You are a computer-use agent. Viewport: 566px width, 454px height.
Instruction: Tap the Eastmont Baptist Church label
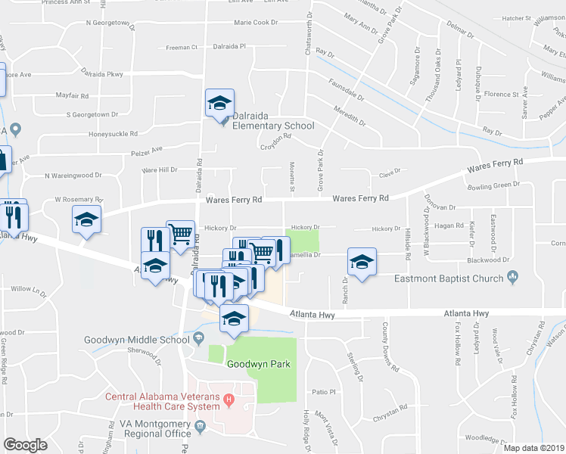pyautogui.click(x=449, y=278)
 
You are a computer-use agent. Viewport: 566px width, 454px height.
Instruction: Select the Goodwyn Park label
pyautogui.click(x=258, y=364)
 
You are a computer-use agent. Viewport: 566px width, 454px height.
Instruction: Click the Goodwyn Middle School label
pyautogui.click(x=136, y=340)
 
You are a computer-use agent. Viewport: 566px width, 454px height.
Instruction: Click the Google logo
pyautogui.click(x=25, y=445)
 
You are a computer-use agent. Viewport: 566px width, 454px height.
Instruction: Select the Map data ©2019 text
pyautogui.click(x=533, y=448)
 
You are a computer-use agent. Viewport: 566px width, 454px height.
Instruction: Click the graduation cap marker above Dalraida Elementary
pyautogui.click(x=219, y=103)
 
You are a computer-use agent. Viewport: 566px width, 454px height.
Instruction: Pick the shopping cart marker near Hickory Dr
pyautogui.click(x=180, y=235)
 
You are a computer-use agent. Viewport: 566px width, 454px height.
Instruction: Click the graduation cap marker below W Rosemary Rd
pyautogui.click(x=87, y=220)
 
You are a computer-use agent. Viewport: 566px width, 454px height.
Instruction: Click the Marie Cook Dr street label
pyautogui.click(x=256, y=23)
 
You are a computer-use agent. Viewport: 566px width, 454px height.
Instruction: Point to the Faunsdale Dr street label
pyautogui.click(x=347, y=92)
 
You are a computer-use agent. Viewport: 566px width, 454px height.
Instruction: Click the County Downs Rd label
pyautogui.click(x=390, y=348)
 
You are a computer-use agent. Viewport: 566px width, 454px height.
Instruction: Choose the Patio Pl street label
pyautogui.click(x=323, y=392)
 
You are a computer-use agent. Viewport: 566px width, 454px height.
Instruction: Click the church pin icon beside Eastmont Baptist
pyautogui.click(x=512, y=278)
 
